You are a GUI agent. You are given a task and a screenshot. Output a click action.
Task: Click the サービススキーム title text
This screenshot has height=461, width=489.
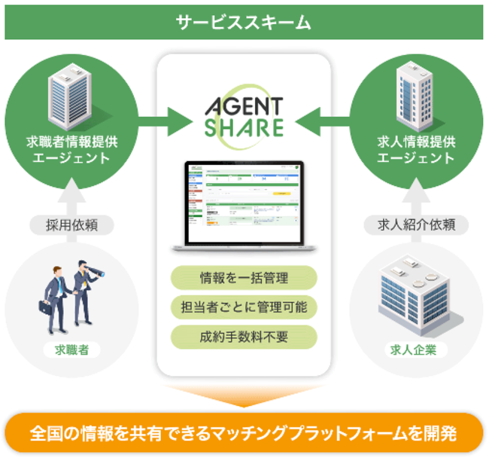click(x=244, y=22)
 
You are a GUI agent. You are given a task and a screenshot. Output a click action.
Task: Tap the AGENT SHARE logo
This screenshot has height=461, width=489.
click(x=244, y=116)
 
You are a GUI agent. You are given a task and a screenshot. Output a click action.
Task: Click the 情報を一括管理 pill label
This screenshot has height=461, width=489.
click(x=244, y=278)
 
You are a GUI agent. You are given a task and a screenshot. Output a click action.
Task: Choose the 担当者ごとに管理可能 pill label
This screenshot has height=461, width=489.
click(x=244, y=307)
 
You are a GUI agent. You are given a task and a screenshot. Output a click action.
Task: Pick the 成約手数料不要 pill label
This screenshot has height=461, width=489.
click(x=244, y=335)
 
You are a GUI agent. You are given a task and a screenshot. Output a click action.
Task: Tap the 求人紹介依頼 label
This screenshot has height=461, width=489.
click(x=416, y=224)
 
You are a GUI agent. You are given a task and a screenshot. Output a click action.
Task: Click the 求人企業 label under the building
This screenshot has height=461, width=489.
click(x=417, y=349)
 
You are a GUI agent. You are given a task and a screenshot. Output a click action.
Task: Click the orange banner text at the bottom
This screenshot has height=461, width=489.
click(x=244, y=435)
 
